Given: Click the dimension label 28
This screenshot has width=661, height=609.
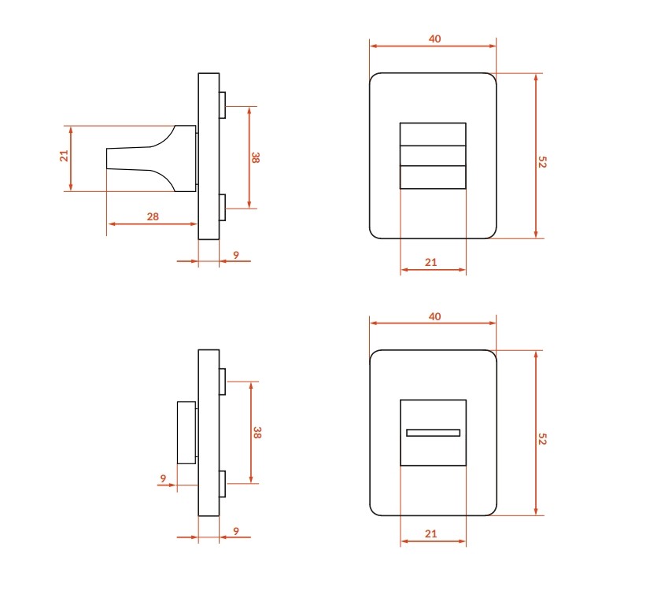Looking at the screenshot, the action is tap(153, 216).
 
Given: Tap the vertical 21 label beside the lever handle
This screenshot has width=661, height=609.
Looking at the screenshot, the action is tap(64, 156).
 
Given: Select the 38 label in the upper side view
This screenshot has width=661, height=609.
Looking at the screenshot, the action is tap(256, 157).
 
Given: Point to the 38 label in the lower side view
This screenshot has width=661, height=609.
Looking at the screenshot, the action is tap(257, 433).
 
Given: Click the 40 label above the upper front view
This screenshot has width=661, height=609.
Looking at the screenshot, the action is tap(434, 39).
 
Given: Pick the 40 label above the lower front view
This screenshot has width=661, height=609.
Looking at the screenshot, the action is tap(434, 316).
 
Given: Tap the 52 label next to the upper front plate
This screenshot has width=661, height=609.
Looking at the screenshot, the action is tap(542, 162).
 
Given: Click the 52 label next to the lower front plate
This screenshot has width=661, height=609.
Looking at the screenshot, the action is tap(542, 439).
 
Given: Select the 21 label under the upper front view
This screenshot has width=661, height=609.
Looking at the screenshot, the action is tap(431, 263).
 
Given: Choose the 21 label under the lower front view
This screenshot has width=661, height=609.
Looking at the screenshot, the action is tap(431, 534).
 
